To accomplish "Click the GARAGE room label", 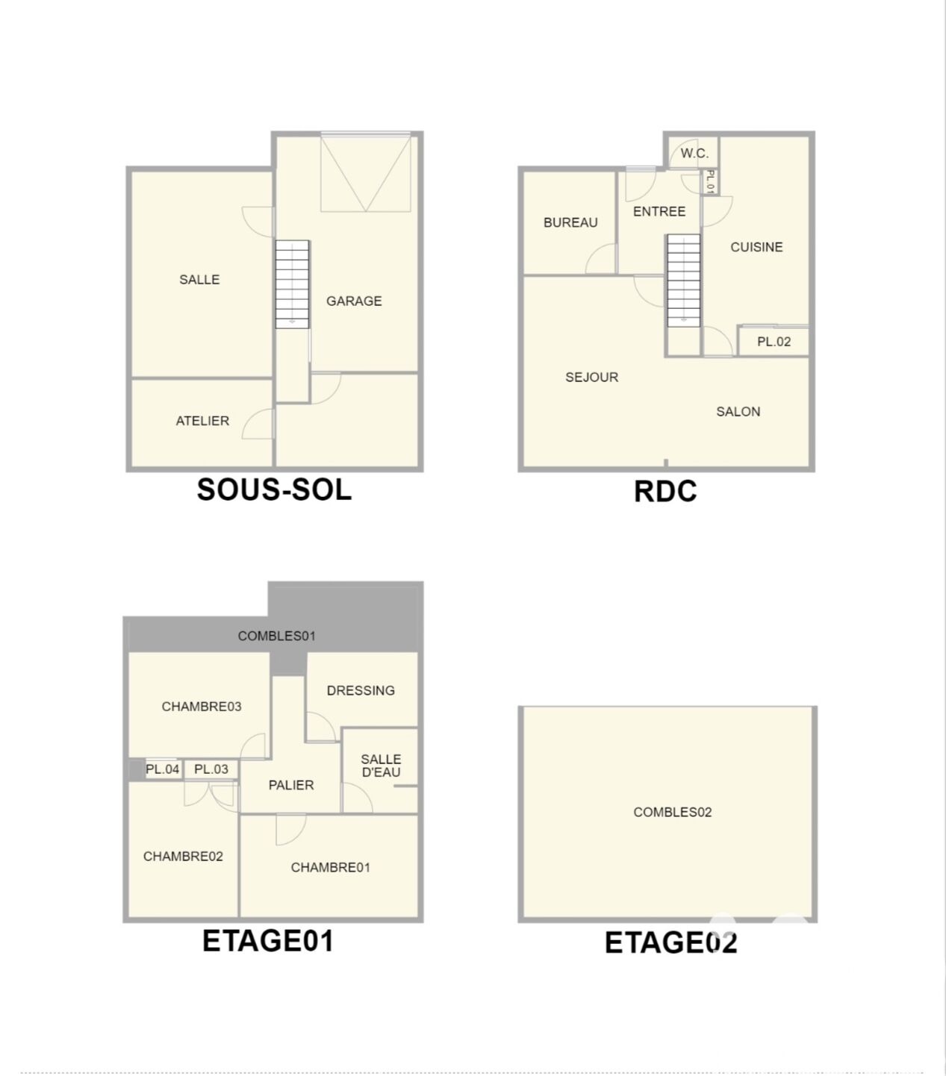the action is (x=354, y=301).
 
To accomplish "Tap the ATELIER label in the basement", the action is (x=202, y=421).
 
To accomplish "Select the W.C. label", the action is (x=694, y=154).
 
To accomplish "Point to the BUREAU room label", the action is (x=570, y=222).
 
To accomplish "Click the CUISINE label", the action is (x=756, y=247).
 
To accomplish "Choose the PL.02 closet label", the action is (x=774, y=342).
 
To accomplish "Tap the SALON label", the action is (x=738, y=412).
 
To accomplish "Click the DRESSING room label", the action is (x=361, y=690).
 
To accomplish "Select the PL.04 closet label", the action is (x=162, y=769).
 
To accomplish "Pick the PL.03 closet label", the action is (x=211, y=769).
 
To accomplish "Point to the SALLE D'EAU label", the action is (x=381, y=766).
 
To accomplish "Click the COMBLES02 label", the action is (x=672, y=812).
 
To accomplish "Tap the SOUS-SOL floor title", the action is (x=274, y=489).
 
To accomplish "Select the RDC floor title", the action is (x=665, y=491).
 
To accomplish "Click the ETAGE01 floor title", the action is (x=268, y=941).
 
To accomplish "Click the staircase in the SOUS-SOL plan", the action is (x=292, y=284).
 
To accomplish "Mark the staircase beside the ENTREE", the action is (x=684, y=280).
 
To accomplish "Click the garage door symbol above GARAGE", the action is (x=366, y=172).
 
